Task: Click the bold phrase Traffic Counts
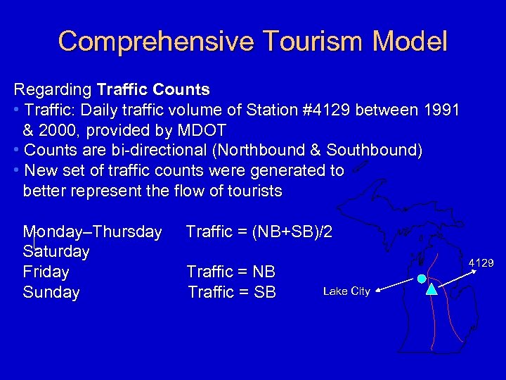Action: pyautogui.click(x=153, y=90)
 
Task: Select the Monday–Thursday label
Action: pyautogui.click(x=92, y=232)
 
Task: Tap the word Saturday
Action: pyautogui.click(x=56, y=252)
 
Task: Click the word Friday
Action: pyautogui.click(x=46, y=272)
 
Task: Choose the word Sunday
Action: pyautogui.click(x=51, y=292)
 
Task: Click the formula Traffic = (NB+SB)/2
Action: pyautogui.click(x=259, y=232)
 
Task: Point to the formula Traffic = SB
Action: pyautogui.click(x=232, y=292)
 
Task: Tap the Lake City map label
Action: pyautogui.click(x=346, y=291)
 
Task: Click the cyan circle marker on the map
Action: pyautogui.click(x=420, y=279)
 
